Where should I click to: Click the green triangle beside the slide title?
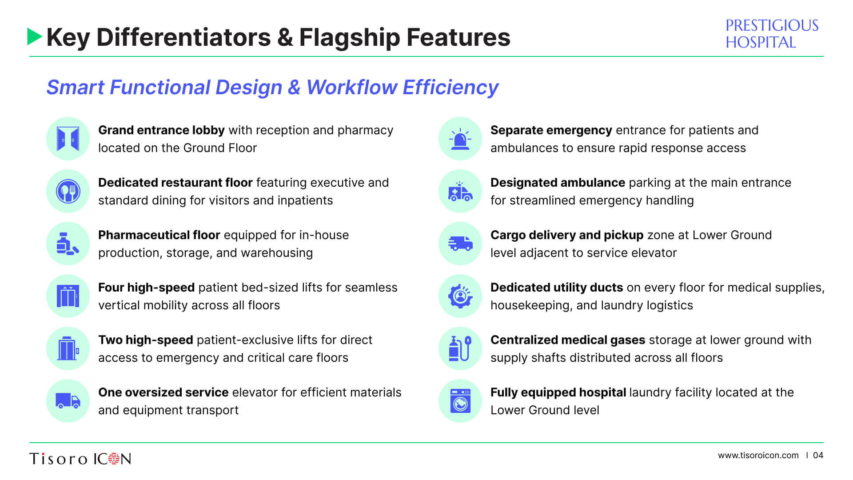[34, 37]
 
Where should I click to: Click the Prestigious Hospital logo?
[772, 34]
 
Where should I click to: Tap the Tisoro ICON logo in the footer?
[80, 458]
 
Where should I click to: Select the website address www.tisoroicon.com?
[758, 455]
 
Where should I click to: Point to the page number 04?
[818, 455]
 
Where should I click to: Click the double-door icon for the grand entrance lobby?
[68, 139]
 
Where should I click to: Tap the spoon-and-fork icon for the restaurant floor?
[68, 191]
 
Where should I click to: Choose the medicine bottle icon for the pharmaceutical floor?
[68, 244]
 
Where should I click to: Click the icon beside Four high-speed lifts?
[68, 296]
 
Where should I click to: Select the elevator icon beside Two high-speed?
[68, 348]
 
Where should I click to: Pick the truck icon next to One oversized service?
[68, 401]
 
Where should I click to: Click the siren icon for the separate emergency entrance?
[460, 139]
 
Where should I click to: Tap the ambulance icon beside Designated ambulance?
[460, 191]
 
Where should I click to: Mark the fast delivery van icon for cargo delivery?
[460, 244]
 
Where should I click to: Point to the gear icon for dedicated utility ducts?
[460, 296]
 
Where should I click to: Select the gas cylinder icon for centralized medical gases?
[460, 348]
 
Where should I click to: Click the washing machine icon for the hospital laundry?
[460, 401]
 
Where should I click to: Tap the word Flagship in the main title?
[350, 38]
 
